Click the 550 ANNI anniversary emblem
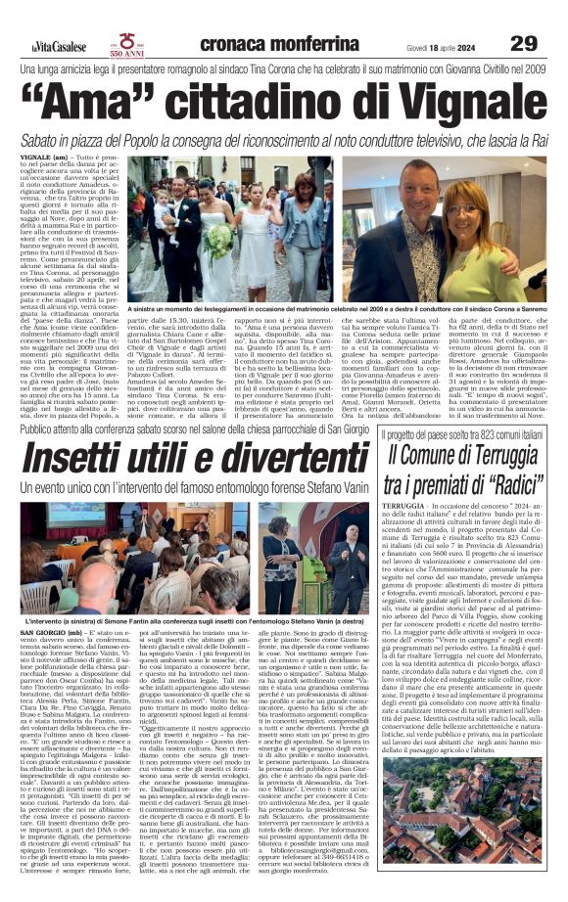(127, 44)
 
